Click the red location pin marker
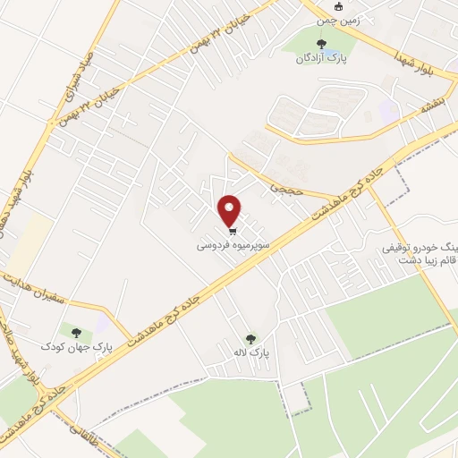click(x=230, y=210)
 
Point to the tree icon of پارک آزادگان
click(x=321, y=43)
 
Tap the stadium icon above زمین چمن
click(x=338, y=4)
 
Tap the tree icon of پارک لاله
click(x=251, y=339)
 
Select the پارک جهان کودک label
click(x=76, y=344)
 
